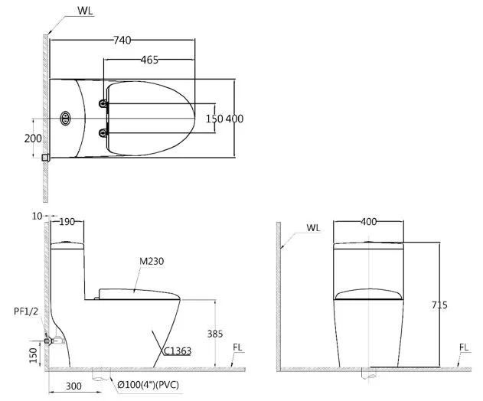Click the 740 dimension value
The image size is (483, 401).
(122, 40)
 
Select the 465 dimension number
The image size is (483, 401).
(149, 60)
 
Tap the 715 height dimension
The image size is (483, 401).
(439, 305)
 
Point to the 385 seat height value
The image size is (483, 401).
(214, 334)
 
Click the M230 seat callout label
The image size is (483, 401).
(152, 261)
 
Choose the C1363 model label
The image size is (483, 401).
(177, 351)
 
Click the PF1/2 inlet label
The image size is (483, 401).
(26, 311)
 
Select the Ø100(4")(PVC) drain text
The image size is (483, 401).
(148, 385)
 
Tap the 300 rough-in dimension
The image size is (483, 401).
(73, 386)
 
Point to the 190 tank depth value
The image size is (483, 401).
(67, 222)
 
